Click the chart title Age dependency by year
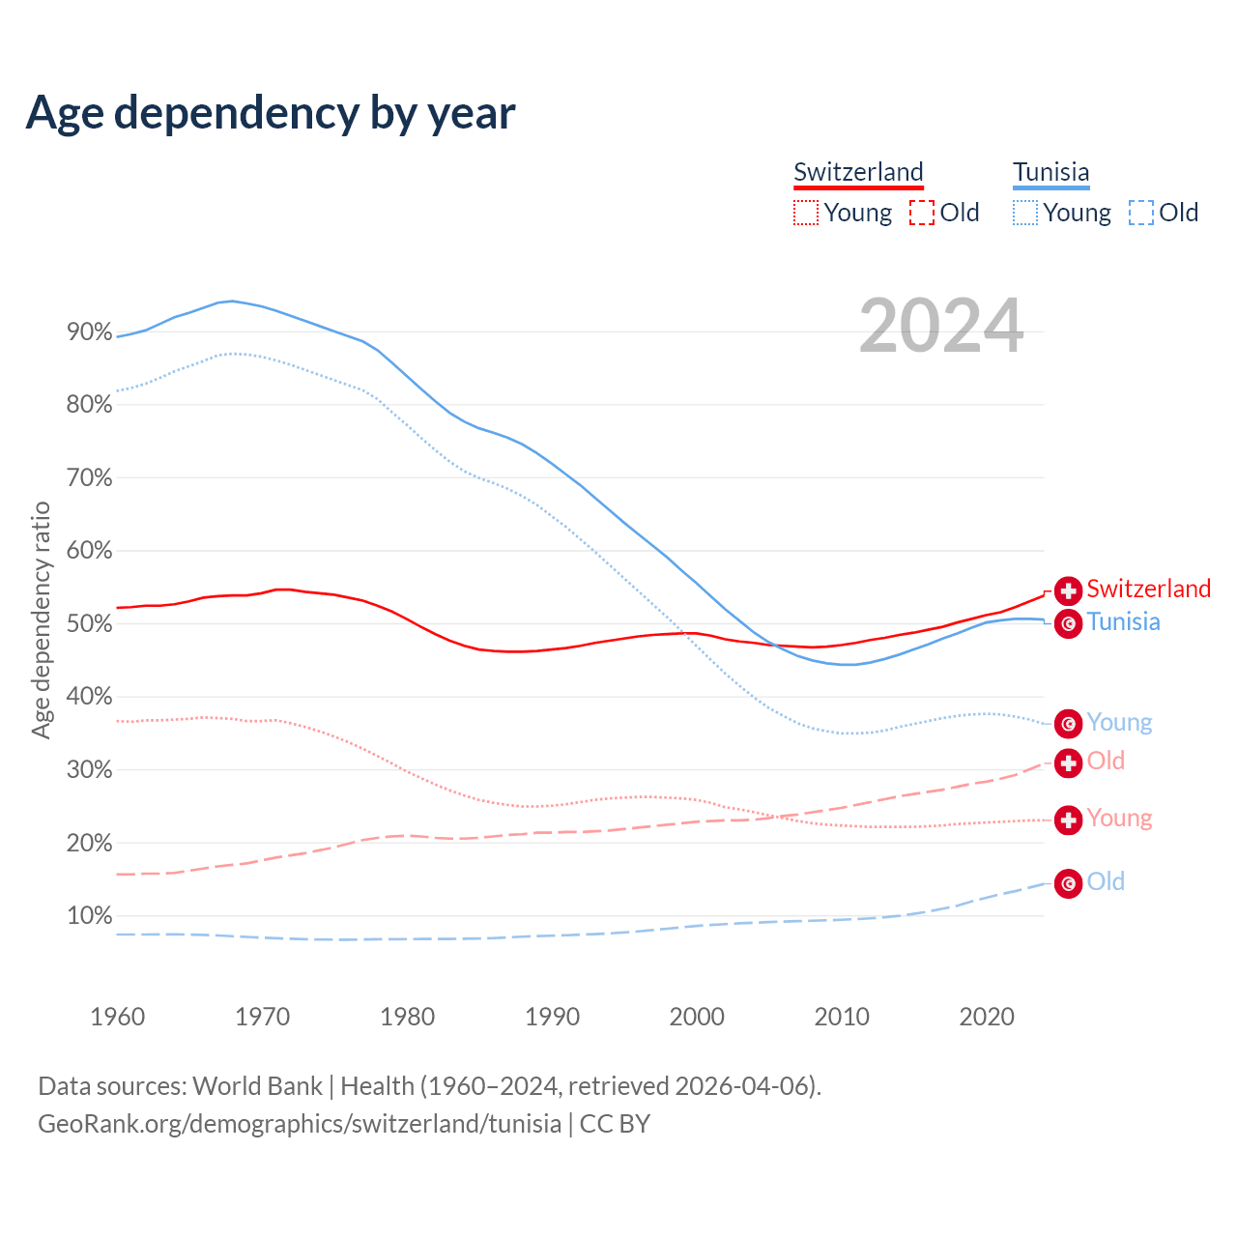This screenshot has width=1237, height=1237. click(x=271, y=112)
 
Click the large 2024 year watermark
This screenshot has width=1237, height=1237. click(x=940, y=327)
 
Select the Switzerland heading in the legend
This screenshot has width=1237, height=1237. click(x=858, y=172)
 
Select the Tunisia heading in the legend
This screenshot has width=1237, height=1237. click(x=1050, y=172)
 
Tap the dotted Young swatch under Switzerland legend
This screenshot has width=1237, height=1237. click(x=805, y=213)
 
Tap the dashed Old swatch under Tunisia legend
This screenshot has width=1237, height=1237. click(x=1141, y=213)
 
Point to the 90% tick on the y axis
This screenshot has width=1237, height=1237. click(x=89, y=332)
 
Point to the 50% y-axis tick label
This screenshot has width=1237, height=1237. click(x=89, y=624)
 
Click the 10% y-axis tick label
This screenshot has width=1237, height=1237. click(x=89, y=916)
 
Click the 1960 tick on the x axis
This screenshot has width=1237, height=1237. click(x=117, y=1017)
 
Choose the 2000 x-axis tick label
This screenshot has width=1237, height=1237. click(x=697, y=1017)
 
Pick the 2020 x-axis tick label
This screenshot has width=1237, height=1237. click(x=987, y=1017)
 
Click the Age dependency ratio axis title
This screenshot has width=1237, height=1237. click(x=41, y=619)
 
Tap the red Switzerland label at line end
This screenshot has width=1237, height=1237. click(x=1148, y=589)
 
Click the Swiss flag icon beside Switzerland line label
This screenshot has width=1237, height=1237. click(x=1068, y=590)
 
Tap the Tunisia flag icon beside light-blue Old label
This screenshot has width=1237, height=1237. click(x=1068, y=883)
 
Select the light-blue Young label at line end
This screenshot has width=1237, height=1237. click(x=1119, y=722)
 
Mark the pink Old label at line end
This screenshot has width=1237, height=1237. click(x=1106, y=761)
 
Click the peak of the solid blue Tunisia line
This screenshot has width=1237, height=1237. click(x=232, y=301)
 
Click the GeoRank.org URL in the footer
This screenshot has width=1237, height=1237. click(x=300, y=1124)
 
